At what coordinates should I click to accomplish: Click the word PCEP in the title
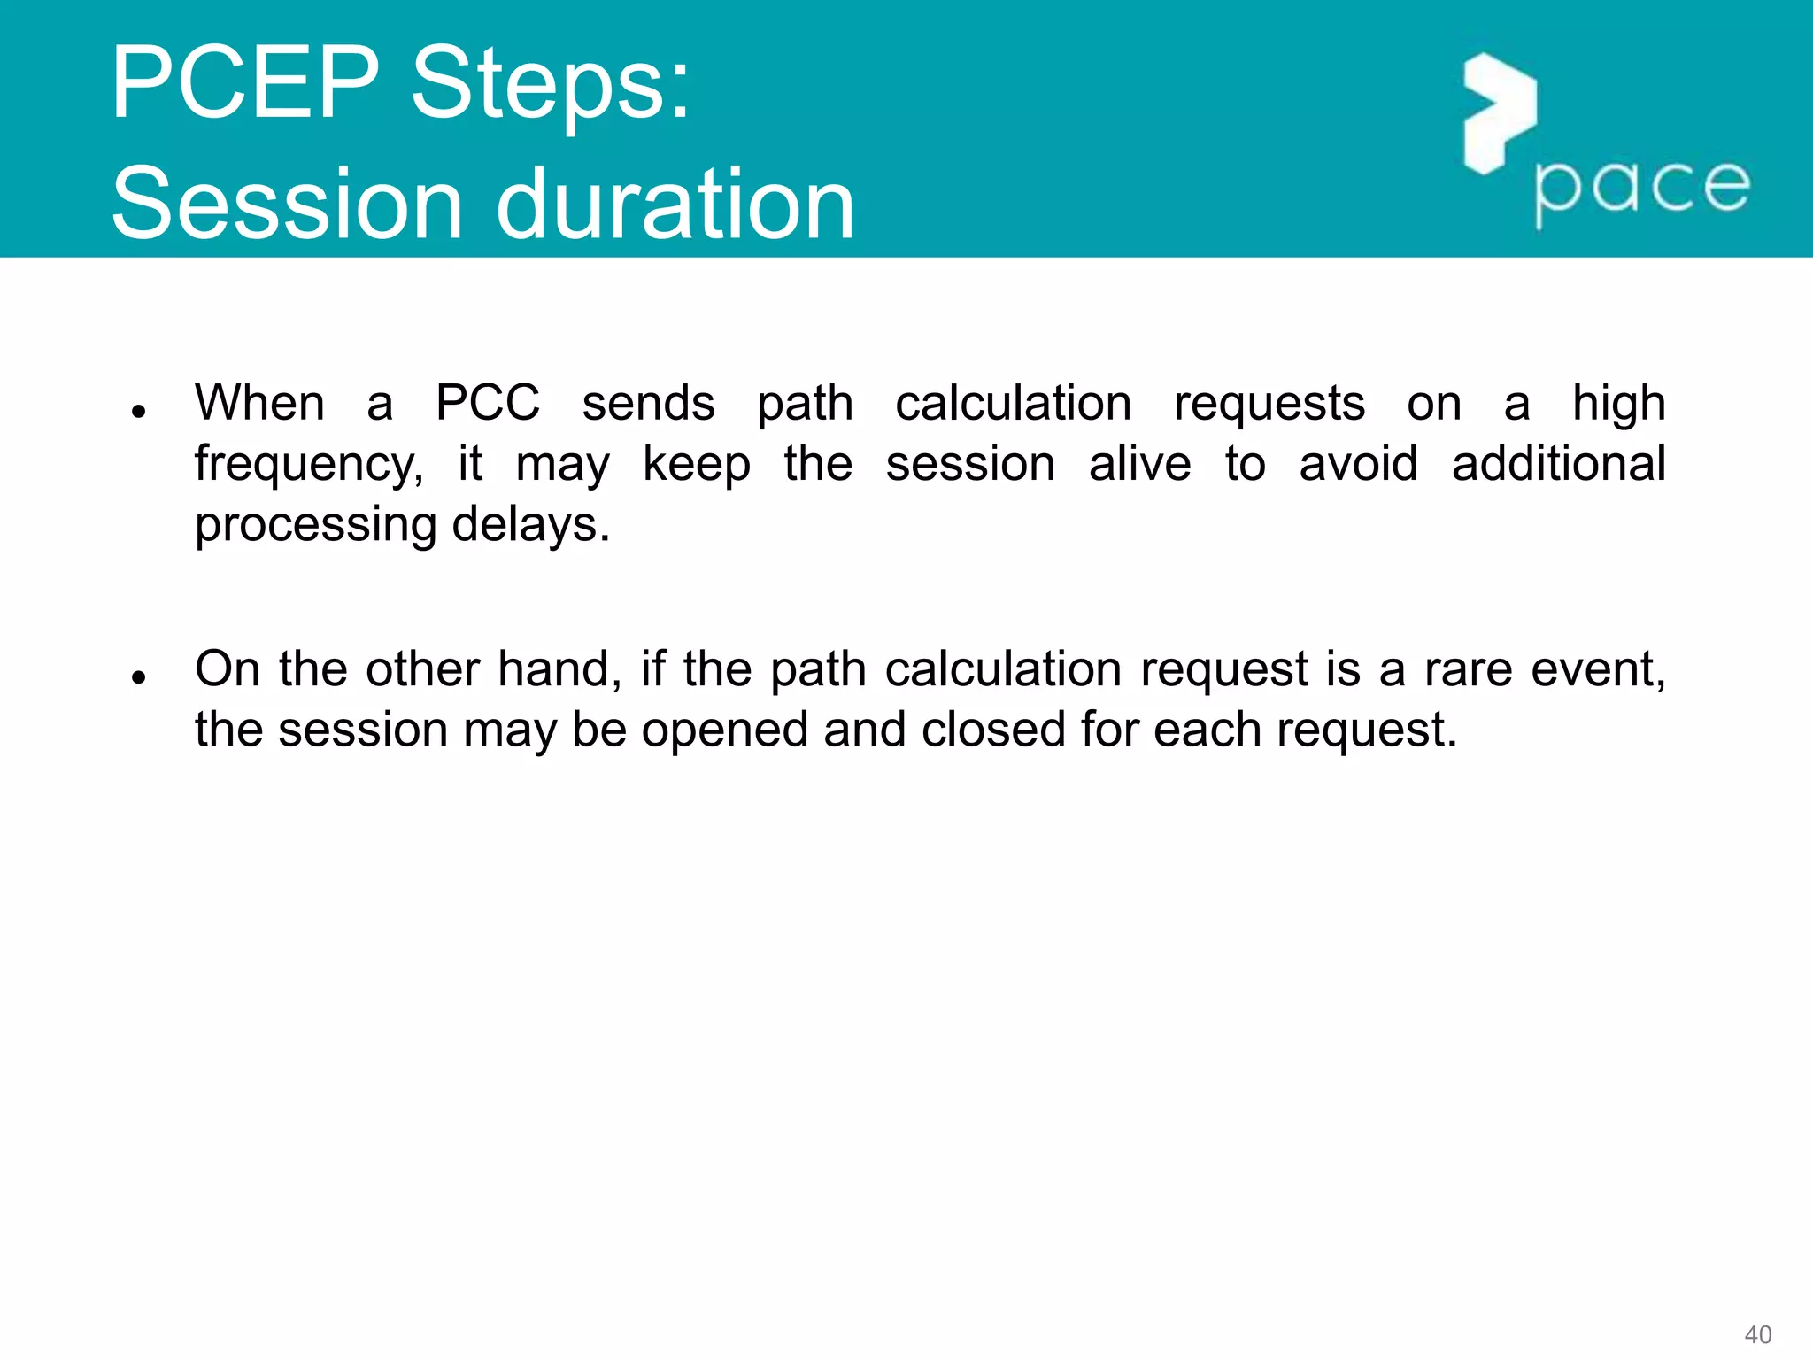point(244,83)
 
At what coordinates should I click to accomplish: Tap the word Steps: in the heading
point(550,85)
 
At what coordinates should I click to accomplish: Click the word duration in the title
point(675,205)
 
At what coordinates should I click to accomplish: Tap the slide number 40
point(1757,1334)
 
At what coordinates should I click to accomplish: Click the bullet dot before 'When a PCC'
point(137,412)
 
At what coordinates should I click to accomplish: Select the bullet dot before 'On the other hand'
point(137,677)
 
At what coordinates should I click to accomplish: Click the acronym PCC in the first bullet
point(488,403)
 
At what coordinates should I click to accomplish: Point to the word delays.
point(531,524)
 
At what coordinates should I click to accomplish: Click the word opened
point(724,731)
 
